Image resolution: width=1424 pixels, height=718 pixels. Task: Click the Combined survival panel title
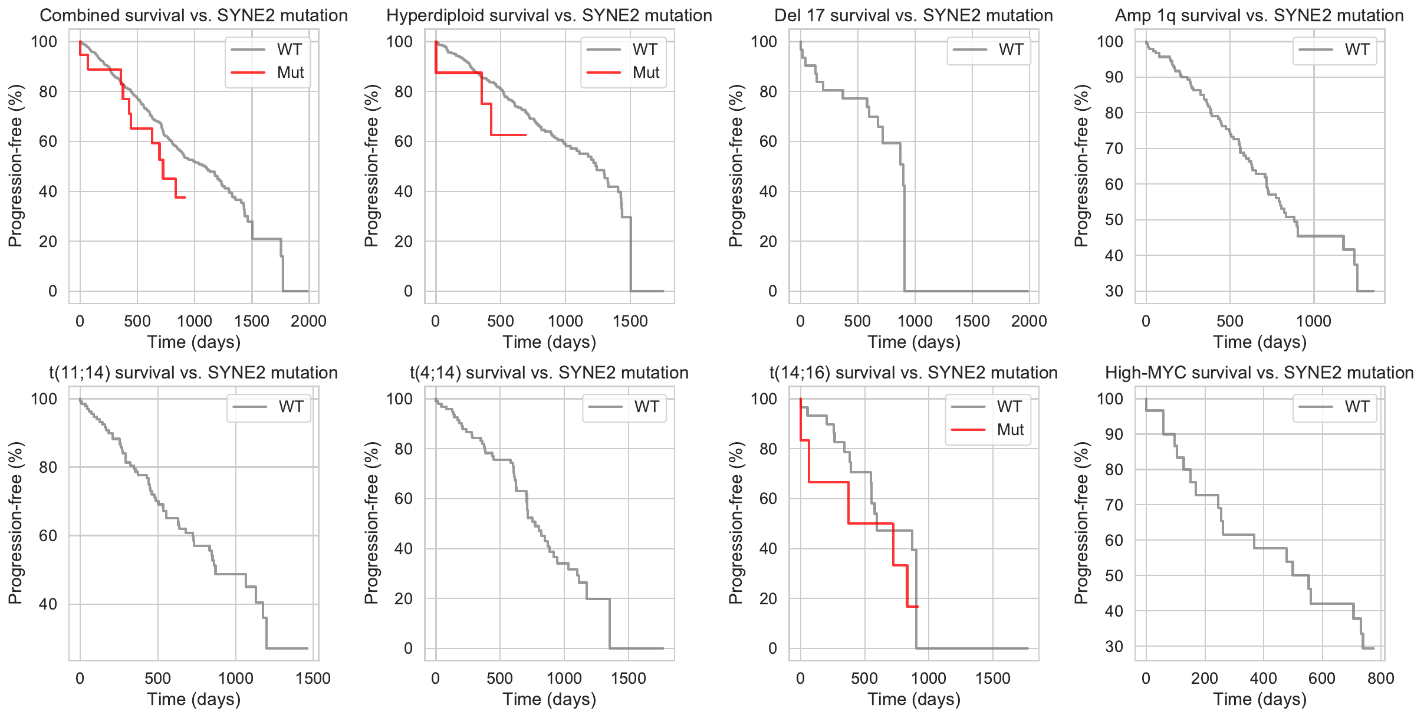coord(193,15)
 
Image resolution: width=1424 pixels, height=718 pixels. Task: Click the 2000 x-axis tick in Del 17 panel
coord(1029,321)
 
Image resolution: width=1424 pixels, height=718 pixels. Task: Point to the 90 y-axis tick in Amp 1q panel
coord(1114,77)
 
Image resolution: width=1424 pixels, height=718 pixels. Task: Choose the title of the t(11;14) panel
coord(193,373)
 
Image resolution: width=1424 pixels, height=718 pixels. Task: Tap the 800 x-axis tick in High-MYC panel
coord(1380,679)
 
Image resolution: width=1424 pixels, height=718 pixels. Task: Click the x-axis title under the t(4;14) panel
coord(549,700)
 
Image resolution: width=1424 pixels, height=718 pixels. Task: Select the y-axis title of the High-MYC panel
coord(1081,522)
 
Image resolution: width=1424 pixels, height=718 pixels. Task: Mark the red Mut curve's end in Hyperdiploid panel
coord(525,135)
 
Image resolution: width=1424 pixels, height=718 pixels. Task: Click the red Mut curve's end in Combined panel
coord(185,197)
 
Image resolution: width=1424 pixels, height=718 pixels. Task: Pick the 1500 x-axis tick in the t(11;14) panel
coord(313,679)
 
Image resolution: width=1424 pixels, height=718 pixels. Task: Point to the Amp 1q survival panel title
coord(1259,15)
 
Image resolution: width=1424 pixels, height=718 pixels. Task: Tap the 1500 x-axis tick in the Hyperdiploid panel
coord(630,321)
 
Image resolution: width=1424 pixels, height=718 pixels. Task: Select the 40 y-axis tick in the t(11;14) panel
coord(45,604)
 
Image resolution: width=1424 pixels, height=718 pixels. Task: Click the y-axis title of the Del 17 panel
coord(735,166)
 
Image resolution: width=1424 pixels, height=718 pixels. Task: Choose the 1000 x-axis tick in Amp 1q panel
coord(1314,321)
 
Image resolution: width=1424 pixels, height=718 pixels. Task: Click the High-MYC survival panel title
coord(1259,373)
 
